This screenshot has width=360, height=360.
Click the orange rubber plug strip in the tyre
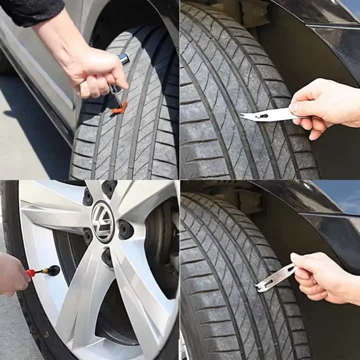click(119, 108)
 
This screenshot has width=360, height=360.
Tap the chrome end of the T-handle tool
click(123, 59)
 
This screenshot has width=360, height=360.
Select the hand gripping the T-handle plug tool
click(95, 72)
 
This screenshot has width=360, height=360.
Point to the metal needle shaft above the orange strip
click(116, 95)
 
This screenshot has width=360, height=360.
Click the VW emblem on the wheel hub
click(103, 221)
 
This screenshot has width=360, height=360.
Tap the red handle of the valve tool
click(32, 273)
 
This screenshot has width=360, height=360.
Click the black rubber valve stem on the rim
click(52, 270)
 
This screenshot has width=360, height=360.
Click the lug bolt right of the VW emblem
click(125, 229)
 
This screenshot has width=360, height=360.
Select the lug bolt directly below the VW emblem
click(107, 257)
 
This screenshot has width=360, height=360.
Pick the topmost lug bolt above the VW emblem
click(109, 188)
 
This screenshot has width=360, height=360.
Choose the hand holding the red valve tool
click(12, 273)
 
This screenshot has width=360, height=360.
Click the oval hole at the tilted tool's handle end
click(289, 270)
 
